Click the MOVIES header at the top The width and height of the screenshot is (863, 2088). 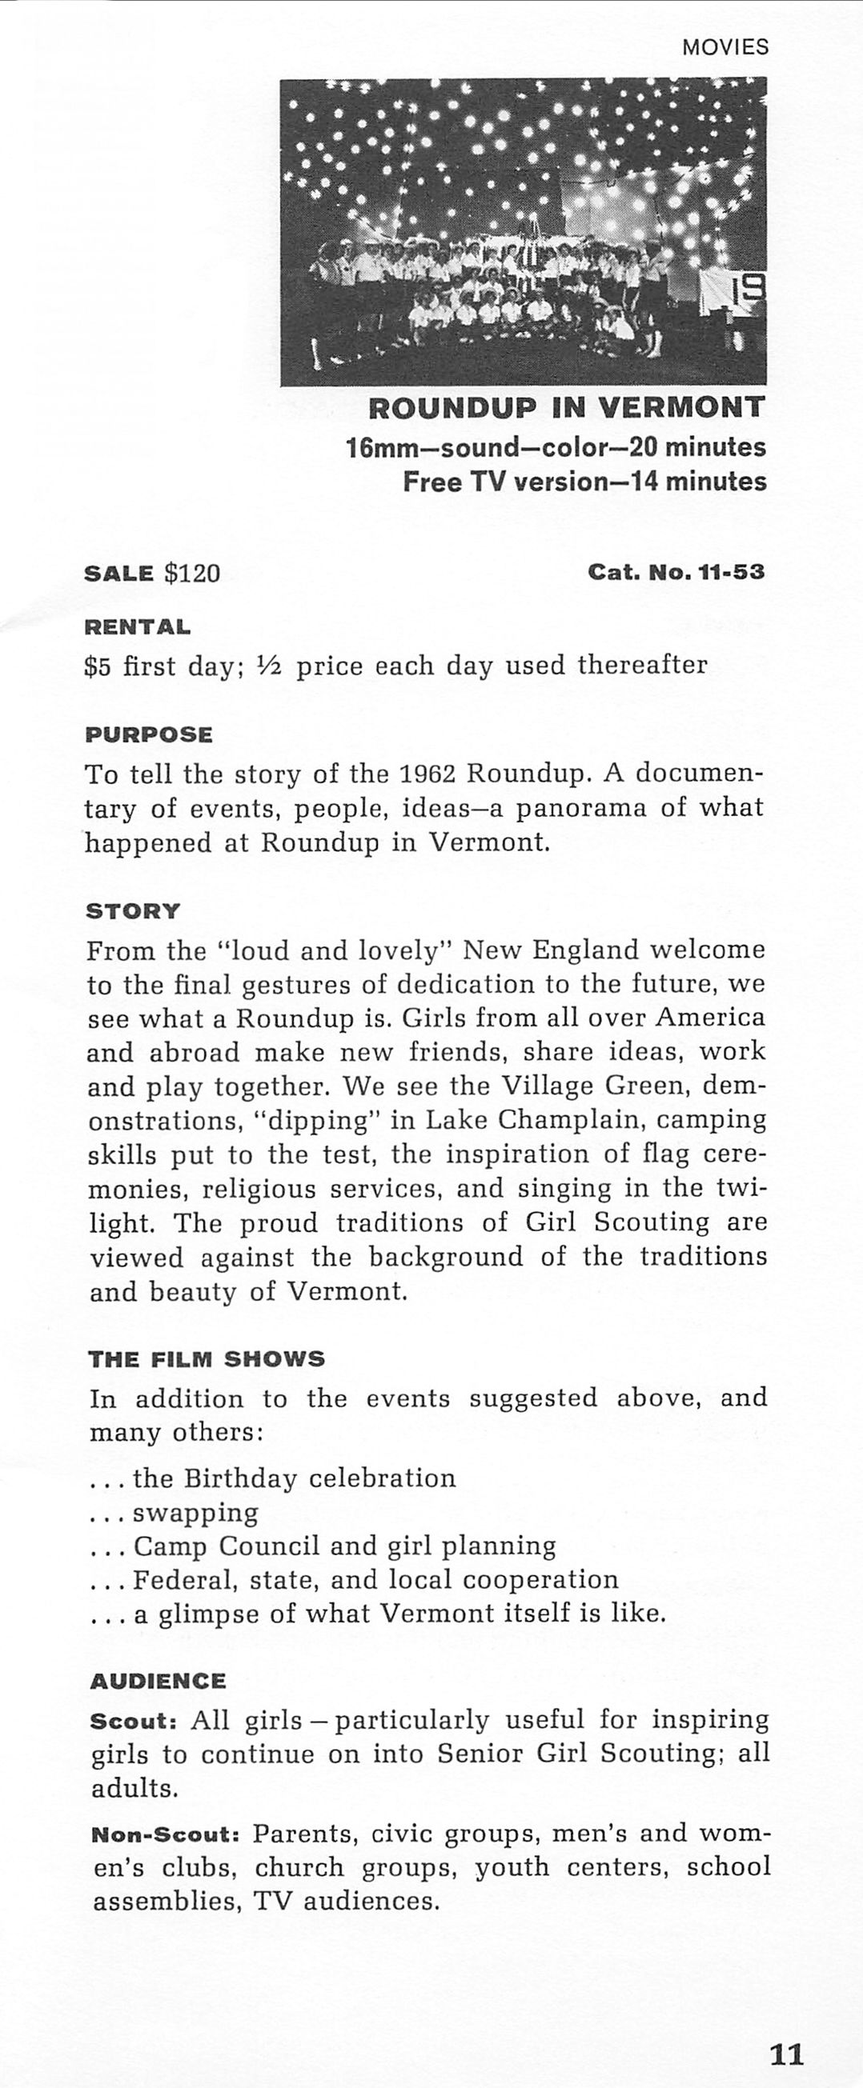click(725, 47)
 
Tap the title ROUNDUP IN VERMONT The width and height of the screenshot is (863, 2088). click(566, 408)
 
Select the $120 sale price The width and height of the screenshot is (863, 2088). click(192, 574)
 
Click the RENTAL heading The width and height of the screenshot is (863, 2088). click(138, 626)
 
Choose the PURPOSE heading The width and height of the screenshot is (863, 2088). click(148, 735)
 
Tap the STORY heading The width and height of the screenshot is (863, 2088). click(133, 911)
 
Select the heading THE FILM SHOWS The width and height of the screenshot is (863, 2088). click(206, 1359)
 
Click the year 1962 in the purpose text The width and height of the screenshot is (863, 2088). click(429, 774)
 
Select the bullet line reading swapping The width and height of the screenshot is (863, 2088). click(195, 1513)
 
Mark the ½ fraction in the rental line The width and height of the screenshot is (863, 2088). click(267, 666)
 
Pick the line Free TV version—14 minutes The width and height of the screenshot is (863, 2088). click(584, 482)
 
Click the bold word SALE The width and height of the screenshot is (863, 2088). click(118, 574)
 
